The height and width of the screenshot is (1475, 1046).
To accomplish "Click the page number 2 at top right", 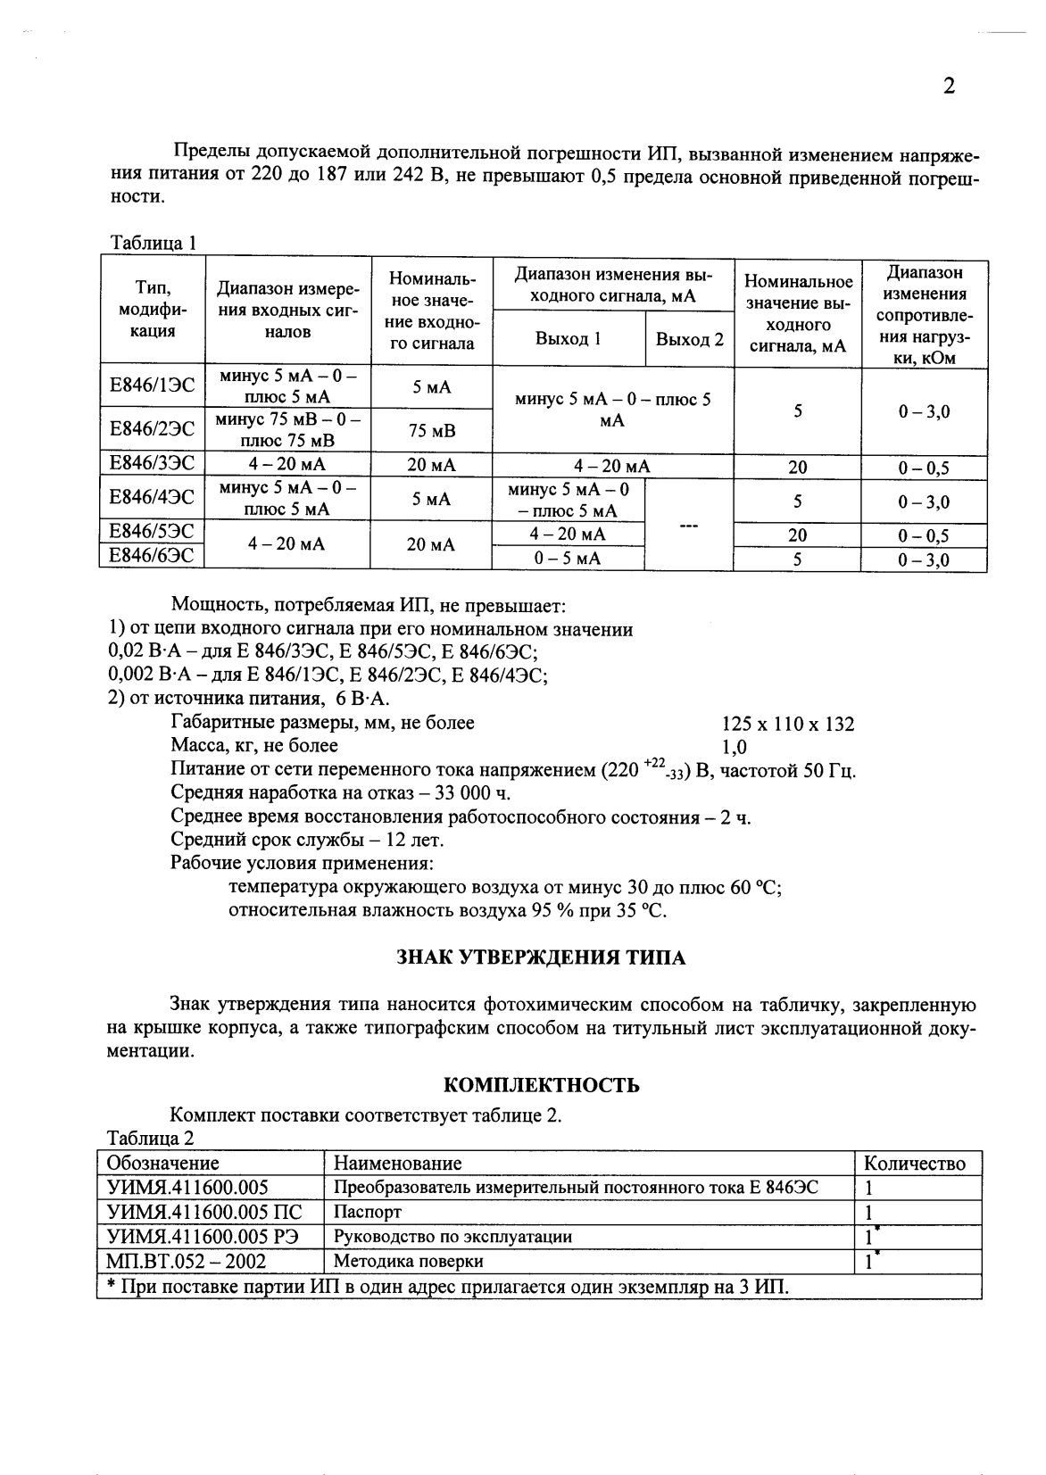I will click(x=949, y=86).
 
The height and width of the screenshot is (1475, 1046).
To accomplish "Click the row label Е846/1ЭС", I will click(x=152, y=386).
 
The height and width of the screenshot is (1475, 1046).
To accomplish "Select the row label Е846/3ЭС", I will click(x=152, y=463).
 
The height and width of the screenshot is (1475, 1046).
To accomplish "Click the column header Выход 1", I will click(x=568, y=339).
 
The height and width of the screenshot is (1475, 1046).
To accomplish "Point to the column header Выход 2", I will click(x=688, y=339).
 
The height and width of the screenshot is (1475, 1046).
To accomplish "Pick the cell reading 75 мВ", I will click(x=431, y=431).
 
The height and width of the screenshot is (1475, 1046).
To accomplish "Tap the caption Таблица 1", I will click(x=152, y=243).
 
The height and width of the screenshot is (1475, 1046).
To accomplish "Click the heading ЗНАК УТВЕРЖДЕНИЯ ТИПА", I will click(x=541, y=958).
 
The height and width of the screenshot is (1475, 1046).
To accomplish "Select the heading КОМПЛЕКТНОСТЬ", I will click(x=541, y=1085).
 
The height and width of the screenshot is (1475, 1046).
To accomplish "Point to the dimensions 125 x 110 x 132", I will click(x=787, y=724).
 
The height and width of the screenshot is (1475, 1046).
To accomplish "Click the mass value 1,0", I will click(x=734, y=747).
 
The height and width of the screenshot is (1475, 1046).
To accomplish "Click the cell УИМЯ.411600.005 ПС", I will click(x=204, y=1212).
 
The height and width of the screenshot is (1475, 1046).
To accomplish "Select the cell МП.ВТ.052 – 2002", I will click(x=186, y=1261).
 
